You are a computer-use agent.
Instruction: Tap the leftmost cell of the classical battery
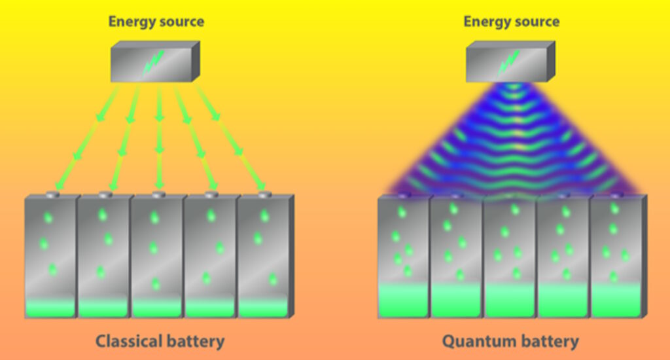point(50,255)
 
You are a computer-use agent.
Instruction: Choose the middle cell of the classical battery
point(157,255)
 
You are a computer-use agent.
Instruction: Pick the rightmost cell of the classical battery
point(263,255)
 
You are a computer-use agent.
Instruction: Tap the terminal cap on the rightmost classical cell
point(264,194)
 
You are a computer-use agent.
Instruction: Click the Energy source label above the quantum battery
point(511,22)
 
